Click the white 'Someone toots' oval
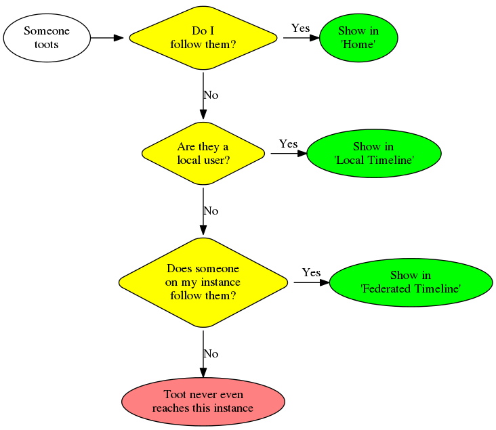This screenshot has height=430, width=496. (47, 38)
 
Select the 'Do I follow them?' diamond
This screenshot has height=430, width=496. (203, 38)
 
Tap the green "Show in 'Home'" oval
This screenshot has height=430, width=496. (358, 38)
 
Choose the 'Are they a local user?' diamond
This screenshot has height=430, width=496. (203, 154)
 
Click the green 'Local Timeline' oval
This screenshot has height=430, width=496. (374, 154)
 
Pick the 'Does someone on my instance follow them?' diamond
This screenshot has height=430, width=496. (203, 282)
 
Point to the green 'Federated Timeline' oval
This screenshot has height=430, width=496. (411, 282)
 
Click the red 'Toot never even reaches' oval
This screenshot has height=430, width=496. (203, 402)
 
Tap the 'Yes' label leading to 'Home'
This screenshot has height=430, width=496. (300, 28)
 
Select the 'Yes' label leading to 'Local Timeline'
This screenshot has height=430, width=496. (288, 144)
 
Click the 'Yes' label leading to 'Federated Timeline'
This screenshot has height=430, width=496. (311, 273)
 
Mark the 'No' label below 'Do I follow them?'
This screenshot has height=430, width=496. (211, 95)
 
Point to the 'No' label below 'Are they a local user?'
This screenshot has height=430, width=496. (211, 211)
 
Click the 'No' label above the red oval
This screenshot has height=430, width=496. (211, 354)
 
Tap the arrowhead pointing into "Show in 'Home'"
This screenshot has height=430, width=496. (314, 38)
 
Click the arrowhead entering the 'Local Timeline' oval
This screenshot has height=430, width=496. (302, 154)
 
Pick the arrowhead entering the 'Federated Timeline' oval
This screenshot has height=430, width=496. (325, 282)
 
